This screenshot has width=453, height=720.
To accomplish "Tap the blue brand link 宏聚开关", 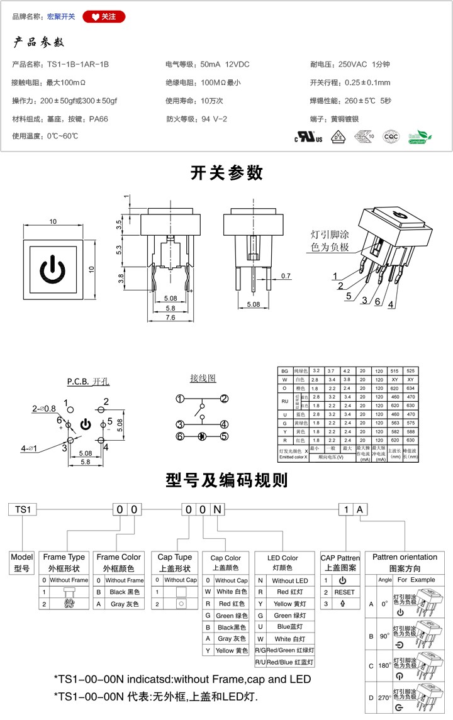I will tap(61, 17).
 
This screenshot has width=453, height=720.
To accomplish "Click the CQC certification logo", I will tap(391, 136).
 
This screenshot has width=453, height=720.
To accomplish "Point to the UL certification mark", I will tap(309, 136).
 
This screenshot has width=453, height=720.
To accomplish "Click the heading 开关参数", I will tap(226, 173).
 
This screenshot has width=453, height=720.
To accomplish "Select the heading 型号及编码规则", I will tap(226, 480).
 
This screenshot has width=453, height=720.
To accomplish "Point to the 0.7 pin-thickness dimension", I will tap(286, 276).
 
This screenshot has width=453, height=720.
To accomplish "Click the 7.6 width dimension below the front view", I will tap(171, 318).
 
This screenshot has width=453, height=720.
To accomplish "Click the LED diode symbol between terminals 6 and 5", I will tap(201, 436).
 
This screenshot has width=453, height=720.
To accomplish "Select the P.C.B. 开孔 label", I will tap(88, 382).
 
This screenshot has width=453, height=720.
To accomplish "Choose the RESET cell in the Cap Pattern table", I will tap(344, 592).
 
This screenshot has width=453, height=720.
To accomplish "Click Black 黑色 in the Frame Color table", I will tap(124, 592).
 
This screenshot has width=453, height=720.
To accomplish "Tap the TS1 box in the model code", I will tap(23, 509).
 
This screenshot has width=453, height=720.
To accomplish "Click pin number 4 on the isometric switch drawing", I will tap(391, 305).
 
